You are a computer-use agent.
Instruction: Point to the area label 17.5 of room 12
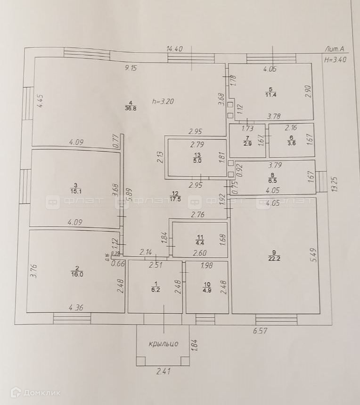pos(175,199)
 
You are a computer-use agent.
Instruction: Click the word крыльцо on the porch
pos(163,344)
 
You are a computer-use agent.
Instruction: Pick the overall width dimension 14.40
pos(174,49)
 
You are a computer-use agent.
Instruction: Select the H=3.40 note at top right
pos(335,59)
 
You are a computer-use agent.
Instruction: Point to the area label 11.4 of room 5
pos(270,95)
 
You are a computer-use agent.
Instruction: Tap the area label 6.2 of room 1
pos(155,290)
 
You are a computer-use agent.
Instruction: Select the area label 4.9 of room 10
pos(207,290)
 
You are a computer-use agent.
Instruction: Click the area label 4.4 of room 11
pos(199,243)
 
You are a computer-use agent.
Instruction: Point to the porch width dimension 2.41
pos(163,371)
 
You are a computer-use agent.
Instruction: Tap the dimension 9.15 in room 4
pos(131,68)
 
